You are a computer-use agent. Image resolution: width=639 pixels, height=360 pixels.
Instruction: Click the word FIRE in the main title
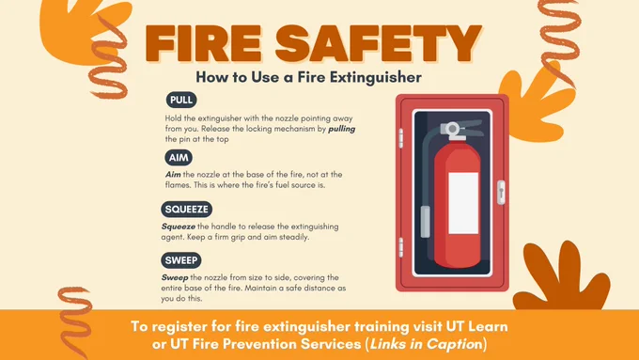click(203, 43)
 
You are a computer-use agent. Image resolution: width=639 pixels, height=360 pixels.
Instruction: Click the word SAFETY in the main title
click(379, 43)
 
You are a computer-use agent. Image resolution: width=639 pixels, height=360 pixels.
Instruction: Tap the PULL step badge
click(181, 100)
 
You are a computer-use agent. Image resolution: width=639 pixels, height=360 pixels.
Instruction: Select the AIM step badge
click(179, 157)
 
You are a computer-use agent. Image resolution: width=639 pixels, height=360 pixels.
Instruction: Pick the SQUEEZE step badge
click(187, 210)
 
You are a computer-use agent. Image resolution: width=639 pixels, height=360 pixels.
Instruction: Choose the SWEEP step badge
click(181, 260)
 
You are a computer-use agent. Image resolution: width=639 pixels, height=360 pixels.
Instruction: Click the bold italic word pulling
click(341, 129)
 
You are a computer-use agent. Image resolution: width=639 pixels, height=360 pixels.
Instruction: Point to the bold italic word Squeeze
click(179, 227)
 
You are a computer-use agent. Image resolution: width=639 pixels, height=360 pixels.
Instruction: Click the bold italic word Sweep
click(175, 278)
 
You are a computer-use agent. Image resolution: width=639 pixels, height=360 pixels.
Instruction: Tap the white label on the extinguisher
click(463, 203)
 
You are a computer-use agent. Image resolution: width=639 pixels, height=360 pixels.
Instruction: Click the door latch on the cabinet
click(501, 193)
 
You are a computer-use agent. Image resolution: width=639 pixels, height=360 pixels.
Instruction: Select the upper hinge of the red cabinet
click(400, 138)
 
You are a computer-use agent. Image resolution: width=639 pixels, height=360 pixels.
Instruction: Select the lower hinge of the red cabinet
click(400, 247)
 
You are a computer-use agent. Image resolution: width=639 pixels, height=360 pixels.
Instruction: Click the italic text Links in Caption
click(425, 344)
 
